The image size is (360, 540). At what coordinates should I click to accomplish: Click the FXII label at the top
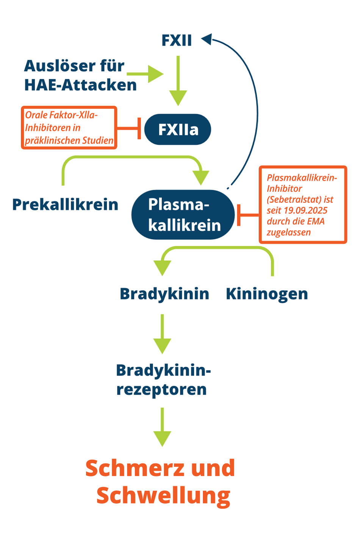coord(177,40)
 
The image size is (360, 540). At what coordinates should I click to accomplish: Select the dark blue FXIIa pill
coord(178,130)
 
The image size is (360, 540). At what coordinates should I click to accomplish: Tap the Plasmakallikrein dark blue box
coord(183,214)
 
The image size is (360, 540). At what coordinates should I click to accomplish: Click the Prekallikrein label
coord(65,205)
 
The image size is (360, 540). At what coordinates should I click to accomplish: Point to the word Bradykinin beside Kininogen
coord(164,294)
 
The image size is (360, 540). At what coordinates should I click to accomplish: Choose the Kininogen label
coord(267,294)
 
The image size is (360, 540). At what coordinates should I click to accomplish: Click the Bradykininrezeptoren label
coord(163,380)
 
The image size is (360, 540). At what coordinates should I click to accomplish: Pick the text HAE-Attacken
coord(80,85)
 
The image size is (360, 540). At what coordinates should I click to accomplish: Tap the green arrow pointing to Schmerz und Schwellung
coord(162,427)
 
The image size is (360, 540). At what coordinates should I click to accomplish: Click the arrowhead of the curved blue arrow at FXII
coord(207,39)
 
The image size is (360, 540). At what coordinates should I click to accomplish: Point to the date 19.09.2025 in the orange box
coord(305,211)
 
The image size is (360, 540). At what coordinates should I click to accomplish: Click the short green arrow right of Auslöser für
coord(146,74)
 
